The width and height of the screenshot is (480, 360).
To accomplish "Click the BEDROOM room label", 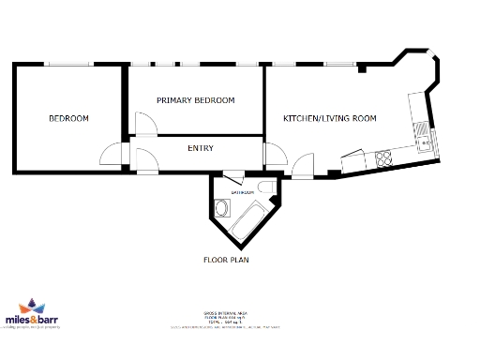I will (x=68, y=118).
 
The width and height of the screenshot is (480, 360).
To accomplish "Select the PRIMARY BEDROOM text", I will (x=195, y=100).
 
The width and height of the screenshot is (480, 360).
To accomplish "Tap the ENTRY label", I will (x=201, y=148).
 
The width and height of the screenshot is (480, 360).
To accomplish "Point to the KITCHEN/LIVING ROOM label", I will (x=330, y=118).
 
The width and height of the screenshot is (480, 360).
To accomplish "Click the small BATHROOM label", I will (x=243, y=191).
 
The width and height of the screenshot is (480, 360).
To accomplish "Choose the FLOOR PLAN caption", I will (x=226, y=260).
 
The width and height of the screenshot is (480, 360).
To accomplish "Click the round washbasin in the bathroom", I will (x=221, y=207).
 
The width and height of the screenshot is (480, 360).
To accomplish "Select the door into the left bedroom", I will (x=112, y=154).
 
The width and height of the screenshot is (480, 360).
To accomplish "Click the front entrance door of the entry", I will (x=147, y=162).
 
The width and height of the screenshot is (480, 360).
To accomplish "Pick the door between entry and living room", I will (x=275, y=155).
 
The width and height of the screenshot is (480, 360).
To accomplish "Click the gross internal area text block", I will (x=226, y=319).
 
